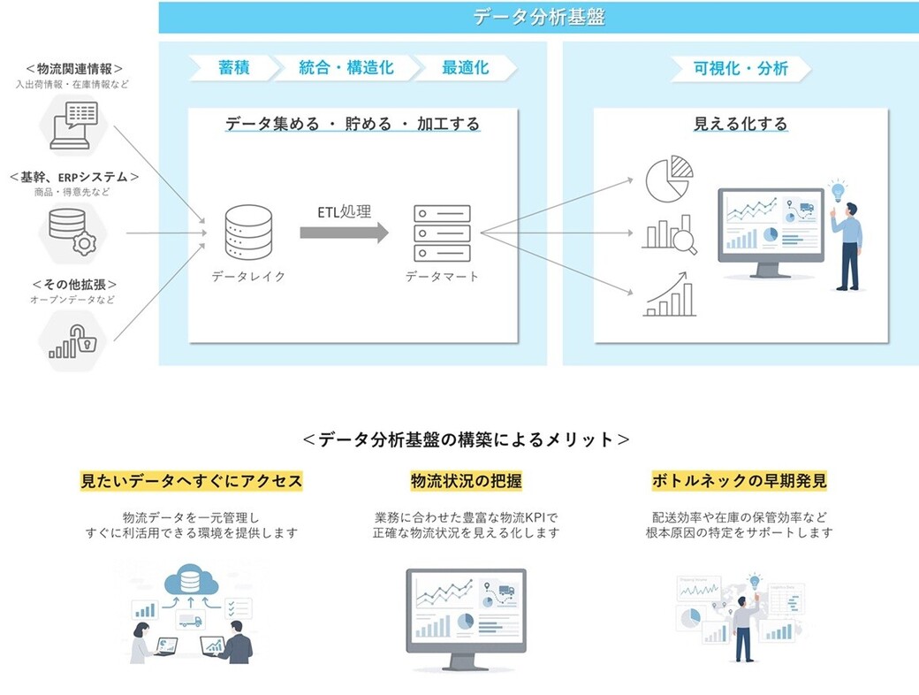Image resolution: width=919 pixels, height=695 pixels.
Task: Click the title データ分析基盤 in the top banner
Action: click(538, 17)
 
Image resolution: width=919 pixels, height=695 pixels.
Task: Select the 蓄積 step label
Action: click(233, 68)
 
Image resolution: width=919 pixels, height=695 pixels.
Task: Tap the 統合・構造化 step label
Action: click(346, 68)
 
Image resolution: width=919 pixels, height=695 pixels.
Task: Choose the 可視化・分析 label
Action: click(741, 68)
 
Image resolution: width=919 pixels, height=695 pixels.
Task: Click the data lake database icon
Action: click(248, 233)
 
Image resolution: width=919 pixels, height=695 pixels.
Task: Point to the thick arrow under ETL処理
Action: click(344, 233)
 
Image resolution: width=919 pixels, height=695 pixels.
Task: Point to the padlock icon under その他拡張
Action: click(82, 340)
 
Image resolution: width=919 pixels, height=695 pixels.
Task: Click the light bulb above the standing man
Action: click(836, 189)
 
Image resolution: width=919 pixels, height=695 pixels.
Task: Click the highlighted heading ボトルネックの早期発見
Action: click(739, 482)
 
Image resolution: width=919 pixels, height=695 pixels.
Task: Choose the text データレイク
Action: click(248, 277)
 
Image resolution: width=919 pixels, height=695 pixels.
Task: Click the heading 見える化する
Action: click(740, 124)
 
